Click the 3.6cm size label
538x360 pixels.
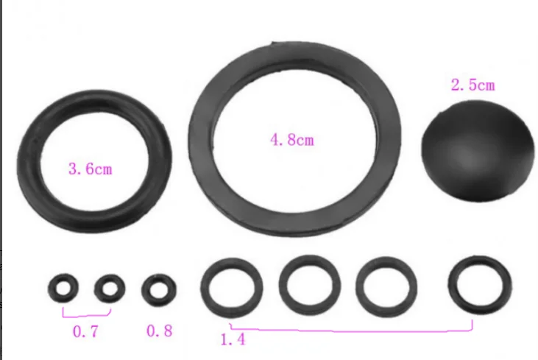pyautogui.click(x=90, y=169)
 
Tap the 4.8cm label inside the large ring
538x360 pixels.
pyautogui.click(x=292, y=138)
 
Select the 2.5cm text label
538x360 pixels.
pyautogui.click(x=472, y=85)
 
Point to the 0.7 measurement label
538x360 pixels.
pyautogui.click(x=85, y=331)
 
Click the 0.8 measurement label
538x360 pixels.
pyautogui.click(x=159, y=331)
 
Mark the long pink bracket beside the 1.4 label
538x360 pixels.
pyautogui.click(x=353, y=330)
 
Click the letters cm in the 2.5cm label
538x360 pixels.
pyautogui.click(x=484, y=85)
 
